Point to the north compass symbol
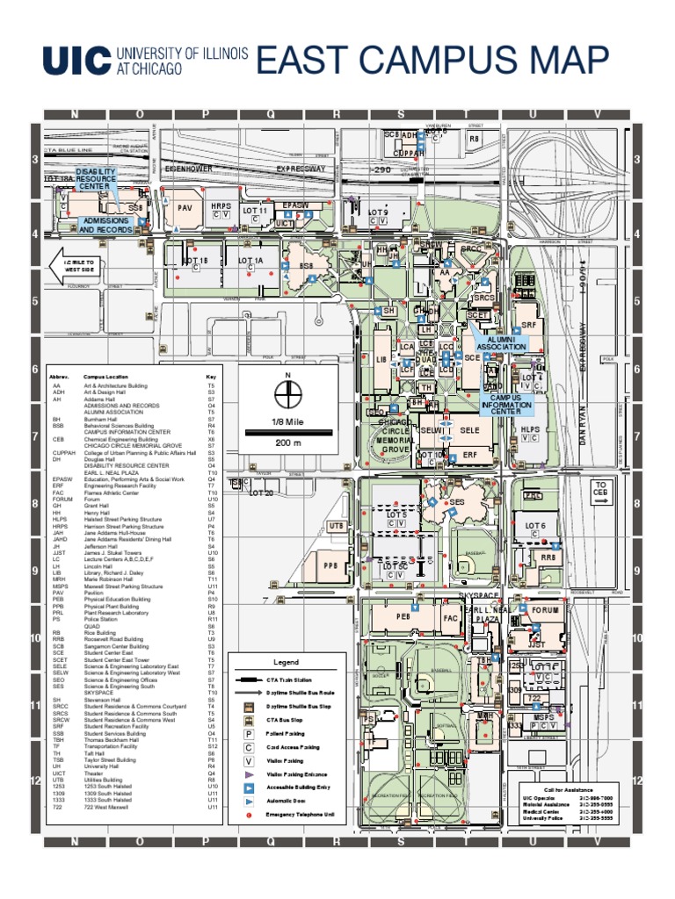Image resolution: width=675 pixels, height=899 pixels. [287, 397]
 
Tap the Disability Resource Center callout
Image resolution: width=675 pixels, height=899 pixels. [95, 179]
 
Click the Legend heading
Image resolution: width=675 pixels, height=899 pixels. [286, 662]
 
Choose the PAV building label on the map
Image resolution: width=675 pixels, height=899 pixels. [184, 208]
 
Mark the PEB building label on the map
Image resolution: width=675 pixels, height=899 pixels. [403, 617]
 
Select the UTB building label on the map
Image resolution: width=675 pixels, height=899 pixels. [336, 526]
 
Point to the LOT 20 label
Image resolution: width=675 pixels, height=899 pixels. [261, 493]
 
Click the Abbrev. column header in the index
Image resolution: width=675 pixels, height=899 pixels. [60, 375]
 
